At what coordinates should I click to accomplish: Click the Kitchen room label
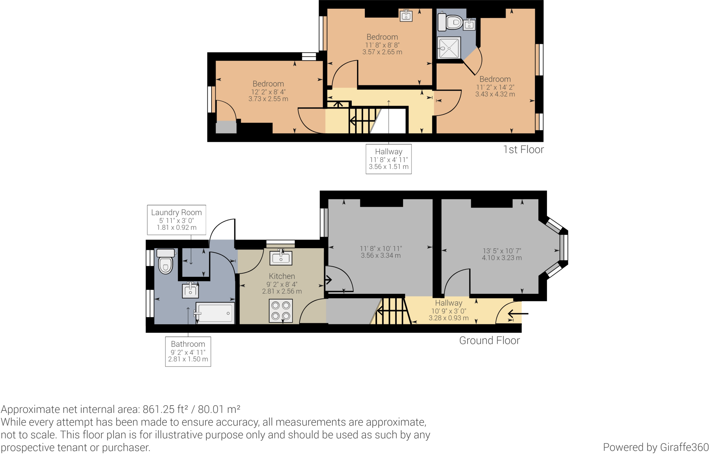pyautogui.click(x=282, y=276)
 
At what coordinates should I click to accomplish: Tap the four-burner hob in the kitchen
pyautogui.click(x=281, y=310)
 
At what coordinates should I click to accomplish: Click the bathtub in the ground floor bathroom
pyautogui.click(x=215, y=313)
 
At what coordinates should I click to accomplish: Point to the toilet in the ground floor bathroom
pyautogui.click(x=165, y=262)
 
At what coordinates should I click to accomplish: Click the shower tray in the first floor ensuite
pyautogui.click(x=449, y=48)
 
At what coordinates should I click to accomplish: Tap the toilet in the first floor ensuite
pyautogui.click(x=451, y=22)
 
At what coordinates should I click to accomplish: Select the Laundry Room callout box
pyautogui.click(x=177, y=220)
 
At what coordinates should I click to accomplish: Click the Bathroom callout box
pyautogui.click(x=188, y=351)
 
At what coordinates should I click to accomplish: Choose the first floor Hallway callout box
pyautogui.click(x=388, y=159)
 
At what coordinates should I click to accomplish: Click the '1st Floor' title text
pyautogui.click(x=523, y=149)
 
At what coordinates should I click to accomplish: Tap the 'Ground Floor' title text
pyautogui.click(x=489, y=340)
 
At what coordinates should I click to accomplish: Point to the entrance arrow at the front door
pyautogui.click(x=518, y=314)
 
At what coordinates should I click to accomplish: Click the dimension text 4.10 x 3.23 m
pyautogui.click(x=502, y=258)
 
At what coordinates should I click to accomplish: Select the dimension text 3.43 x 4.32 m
pyautogui.click(x=495, y=94)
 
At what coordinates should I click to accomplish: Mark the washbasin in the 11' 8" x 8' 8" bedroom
pyautogui.click(x=406, y=16)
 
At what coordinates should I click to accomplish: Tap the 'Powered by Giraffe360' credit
pyautogui.click(x=655, y=447)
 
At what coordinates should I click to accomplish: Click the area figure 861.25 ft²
pyautogui.click(x=165, y=409)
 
